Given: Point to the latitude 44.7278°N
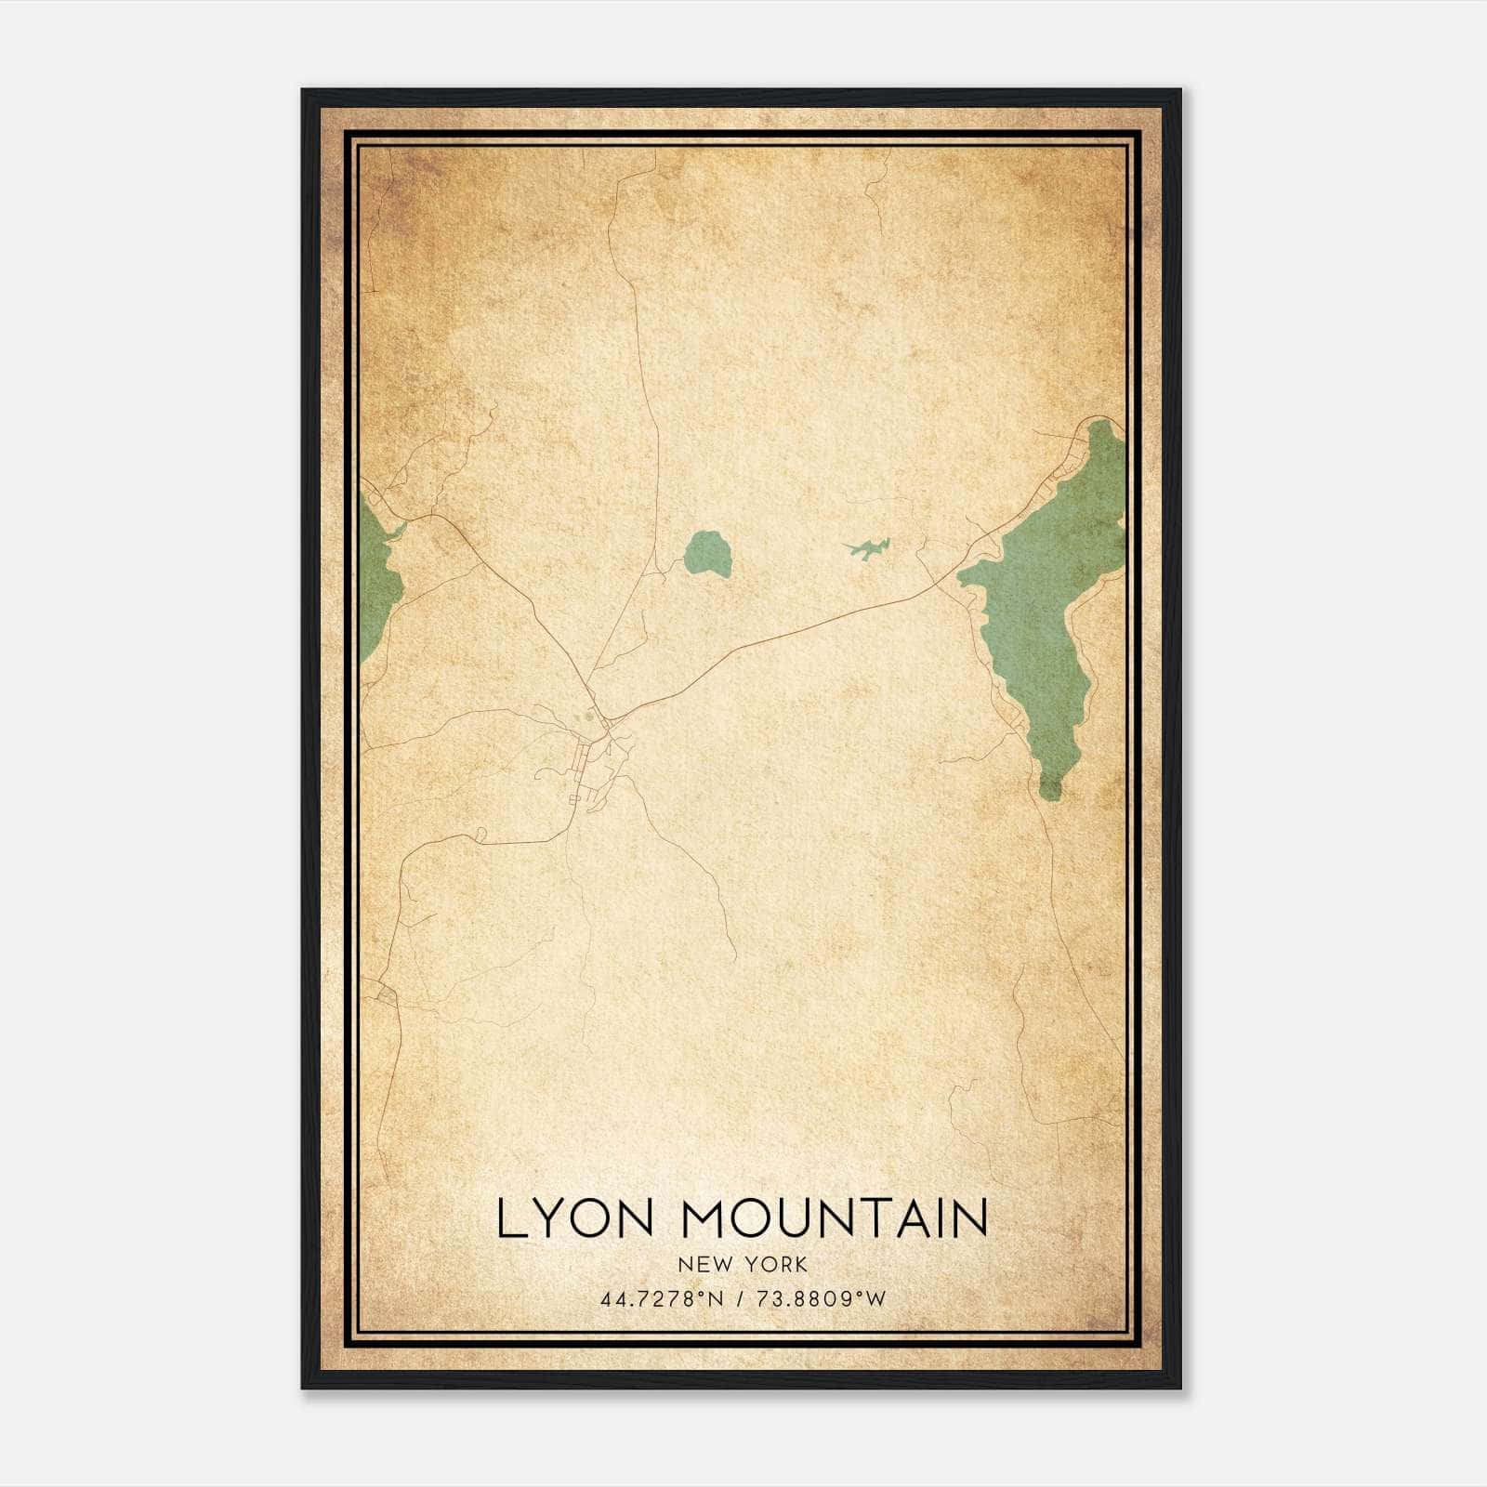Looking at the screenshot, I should (662, 1299).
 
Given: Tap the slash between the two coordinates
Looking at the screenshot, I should (741, 1299).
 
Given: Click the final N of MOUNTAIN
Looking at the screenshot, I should (971, 1218).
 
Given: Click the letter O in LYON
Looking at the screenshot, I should (590, 1218).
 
